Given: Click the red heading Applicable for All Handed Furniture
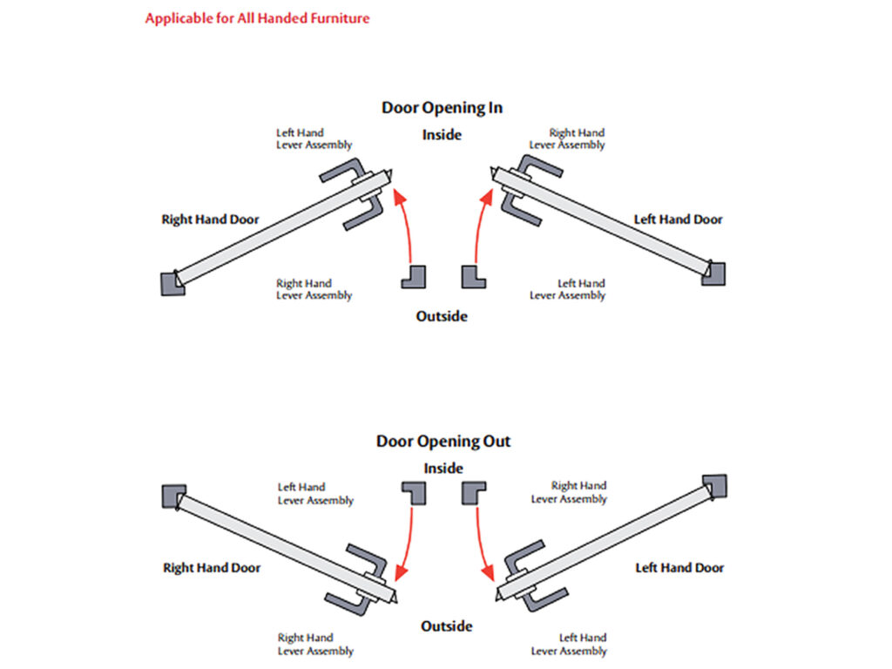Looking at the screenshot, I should [257, 18].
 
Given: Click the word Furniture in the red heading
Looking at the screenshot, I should [337, 18].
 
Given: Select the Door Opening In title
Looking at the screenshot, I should [442, 108].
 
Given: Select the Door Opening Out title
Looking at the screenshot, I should [443, 442].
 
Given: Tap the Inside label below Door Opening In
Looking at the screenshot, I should [442, 135].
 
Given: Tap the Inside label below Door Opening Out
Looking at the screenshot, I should [443, 469].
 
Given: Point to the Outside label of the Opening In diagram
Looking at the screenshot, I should [442, 316].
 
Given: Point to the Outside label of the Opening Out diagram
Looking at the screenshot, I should [447, 626].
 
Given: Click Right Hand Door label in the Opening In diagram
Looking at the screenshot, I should [210, 220].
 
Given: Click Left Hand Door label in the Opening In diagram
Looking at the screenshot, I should [678, 220].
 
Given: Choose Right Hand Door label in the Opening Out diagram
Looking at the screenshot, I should [212, 568].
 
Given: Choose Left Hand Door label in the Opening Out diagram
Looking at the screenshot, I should [679, 568].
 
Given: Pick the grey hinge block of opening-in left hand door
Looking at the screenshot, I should [714, 273].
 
